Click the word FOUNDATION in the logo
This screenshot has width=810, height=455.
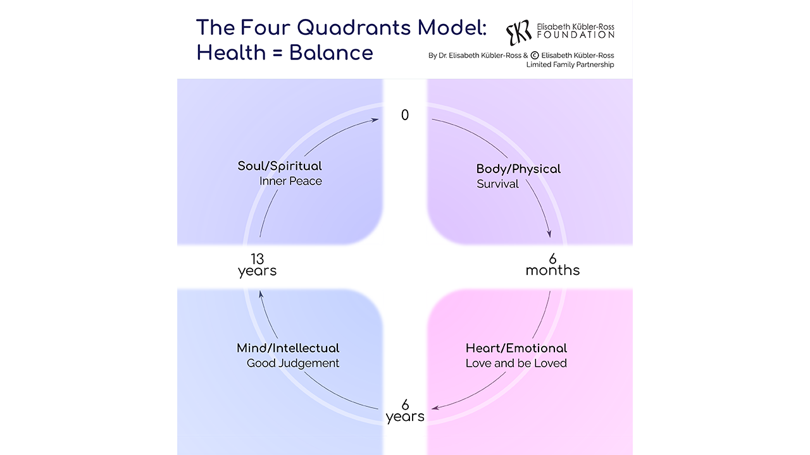click(x=575, y=35)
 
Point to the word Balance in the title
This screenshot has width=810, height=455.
click(x=331, y=52)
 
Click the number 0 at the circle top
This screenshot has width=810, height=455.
click(x=405, y=115)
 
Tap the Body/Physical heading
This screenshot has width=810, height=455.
click(x=518, y=169)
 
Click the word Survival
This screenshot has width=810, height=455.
click(x=497, y=184)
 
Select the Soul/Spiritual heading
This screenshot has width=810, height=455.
click(x=280, y=166)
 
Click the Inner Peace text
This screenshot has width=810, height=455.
click(x=290, y=181)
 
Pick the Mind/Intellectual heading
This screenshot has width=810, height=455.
click(x=288, y=348)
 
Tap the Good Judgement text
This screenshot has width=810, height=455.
click(x=293, y=363)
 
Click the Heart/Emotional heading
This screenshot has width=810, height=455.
click(x=516, y=348)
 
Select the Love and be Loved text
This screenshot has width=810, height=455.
click(x=516, y=363)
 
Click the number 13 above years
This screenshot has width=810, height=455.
click(x=257, y=258)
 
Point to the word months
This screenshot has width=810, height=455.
click(x=552, y=270)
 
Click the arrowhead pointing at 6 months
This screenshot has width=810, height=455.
click(x=549, y=234)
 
